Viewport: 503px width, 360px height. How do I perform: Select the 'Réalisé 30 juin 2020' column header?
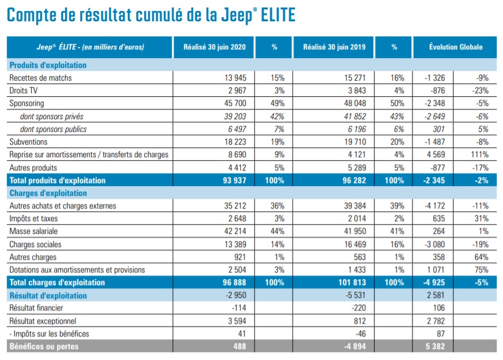214,47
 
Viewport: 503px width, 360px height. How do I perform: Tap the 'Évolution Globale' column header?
455,47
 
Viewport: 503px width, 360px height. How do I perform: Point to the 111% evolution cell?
479,154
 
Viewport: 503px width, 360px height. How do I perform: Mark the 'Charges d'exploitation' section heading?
48,193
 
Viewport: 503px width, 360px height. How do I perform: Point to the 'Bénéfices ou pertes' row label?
44,346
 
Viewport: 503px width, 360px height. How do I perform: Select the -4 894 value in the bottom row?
353,346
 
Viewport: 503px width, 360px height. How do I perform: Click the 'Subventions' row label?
28,142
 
